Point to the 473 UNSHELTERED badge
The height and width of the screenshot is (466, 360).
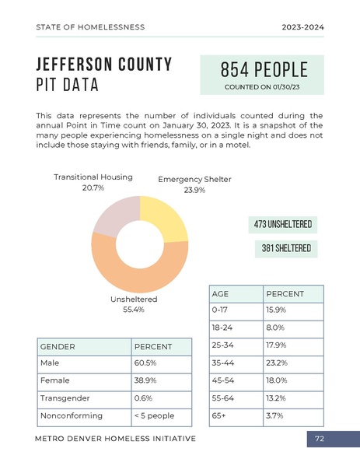282,225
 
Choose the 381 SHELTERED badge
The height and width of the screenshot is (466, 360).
286,249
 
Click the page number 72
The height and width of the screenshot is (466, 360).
319,440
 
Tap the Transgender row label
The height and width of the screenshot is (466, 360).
65,398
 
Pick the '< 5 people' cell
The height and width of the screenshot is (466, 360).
154,415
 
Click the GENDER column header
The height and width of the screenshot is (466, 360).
58,346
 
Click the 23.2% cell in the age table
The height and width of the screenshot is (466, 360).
277,363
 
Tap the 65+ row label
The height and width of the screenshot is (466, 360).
218,415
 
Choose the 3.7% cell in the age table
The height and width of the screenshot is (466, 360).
275,415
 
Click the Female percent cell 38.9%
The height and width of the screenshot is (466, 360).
145,380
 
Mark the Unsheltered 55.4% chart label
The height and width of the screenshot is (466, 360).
134,304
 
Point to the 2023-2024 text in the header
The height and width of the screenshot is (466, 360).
302,27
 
